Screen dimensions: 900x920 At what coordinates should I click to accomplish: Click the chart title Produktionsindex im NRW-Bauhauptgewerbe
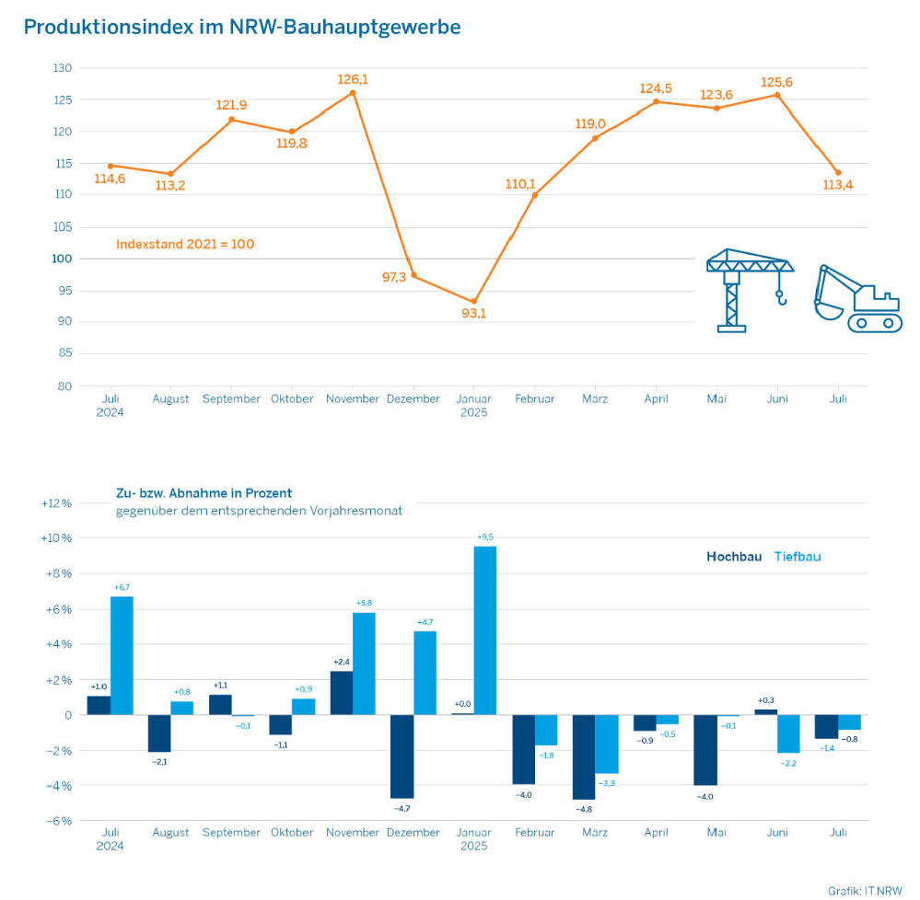(x=242, y=28)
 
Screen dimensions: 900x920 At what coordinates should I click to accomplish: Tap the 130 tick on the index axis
(x=63, y=68)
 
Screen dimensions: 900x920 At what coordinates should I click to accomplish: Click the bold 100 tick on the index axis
(x=63, y=259)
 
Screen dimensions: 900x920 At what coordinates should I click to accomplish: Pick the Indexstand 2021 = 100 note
(x=185, y=245)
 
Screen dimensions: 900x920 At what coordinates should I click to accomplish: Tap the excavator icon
(x=857, y=298)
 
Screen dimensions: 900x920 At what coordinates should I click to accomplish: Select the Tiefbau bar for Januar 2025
(x=485, y=630)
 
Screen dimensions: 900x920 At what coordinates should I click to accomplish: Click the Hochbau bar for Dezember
(x=402, y=756)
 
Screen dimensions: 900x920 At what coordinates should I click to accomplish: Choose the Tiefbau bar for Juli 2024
(x=122, y=655)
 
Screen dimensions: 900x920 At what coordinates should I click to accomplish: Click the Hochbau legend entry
(x=734, y=557)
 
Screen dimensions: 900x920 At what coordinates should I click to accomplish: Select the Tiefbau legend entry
(x=797, y=557)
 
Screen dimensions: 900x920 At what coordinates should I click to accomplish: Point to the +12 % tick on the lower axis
(x=56, y=503)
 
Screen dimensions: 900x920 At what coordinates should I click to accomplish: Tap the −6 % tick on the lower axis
(x=56, y=821)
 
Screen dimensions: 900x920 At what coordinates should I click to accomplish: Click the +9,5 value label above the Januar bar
(x=485, y=537)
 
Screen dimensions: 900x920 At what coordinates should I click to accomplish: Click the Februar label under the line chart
(x=534, y=399)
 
